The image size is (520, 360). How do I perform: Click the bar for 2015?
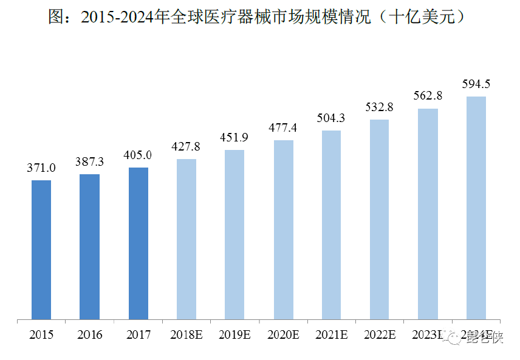click(x=41, y=249)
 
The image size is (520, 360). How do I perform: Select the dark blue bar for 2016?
click(x=89, y=246)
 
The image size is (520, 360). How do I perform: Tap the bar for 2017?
click(x=139, y=243)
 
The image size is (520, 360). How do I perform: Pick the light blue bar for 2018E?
click(x=186, y=239)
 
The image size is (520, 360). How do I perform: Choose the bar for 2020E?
click(x=284, y=229)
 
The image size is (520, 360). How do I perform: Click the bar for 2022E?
click(x=380, y=219)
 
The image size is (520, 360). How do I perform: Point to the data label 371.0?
click(x=41, y=168)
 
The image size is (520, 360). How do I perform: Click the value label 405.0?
click(x=139, y=155)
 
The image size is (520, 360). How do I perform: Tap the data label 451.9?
click(x=234, y=137)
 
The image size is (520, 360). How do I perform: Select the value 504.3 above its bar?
click(x=331, y=118)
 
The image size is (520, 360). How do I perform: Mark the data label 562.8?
click(x=428, y=96)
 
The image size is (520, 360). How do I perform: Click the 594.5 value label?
click(x=476, y=84)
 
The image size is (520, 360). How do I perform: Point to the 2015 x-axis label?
click(x=41, y=335)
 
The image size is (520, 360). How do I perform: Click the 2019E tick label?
click(x=234, y=335)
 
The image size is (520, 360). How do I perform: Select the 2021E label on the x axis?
click(x=331, y=335)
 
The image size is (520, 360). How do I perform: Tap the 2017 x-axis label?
click(x=139, y=335)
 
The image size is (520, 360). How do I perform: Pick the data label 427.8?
click(x=186, y=146)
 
